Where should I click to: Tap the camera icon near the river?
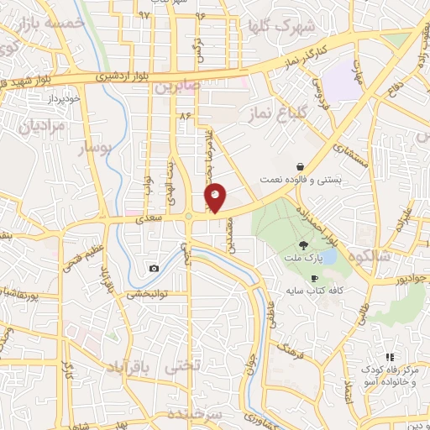pyautogui.click(x=154, y=269)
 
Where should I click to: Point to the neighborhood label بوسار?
pyautogui.click(x=94, y=149)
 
